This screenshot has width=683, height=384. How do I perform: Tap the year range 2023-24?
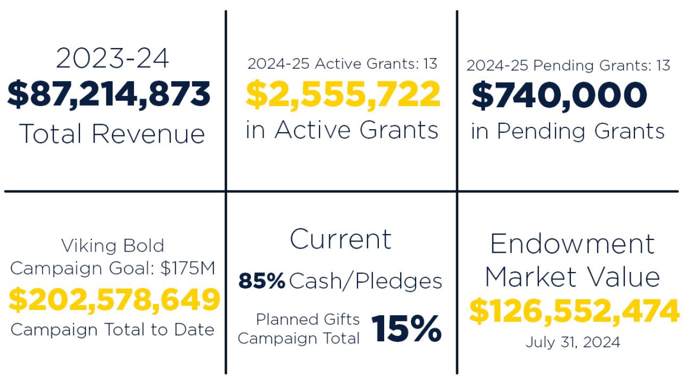click(112, 58)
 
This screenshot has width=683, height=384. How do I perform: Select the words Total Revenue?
click(112, 133)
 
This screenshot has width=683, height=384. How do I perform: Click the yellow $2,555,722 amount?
click(343, 94)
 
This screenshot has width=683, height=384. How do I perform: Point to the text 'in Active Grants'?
click(341, 130)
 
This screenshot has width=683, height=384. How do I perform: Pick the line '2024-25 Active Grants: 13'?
click(342, 64)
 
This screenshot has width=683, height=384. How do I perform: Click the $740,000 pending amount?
click(559, 96)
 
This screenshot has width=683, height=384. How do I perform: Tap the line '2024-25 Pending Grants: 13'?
click(568, 66)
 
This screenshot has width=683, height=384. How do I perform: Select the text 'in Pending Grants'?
click(568, 131)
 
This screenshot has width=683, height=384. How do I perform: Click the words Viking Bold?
click(113, 246)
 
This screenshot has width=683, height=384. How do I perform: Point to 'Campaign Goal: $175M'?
click(113, 268)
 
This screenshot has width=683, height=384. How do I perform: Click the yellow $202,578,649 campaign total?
click(114, 300)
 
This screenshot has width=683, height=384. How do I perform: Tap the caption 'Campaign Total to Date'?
click(113, 330)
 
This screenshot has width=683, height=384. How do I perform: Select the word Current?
click(340, 239)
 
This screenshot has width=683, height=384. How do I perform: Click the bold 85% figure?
click(261, 281)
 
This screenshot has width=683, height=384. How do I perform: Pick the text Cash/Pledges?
click(366, 281)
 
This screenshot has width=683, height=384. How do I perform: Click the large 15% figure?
click(407, 329)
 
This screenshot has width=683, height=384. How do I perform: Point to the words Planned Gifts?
click(308, 319)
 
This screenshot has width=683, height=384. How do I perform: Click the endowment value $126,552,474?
click(574, 311)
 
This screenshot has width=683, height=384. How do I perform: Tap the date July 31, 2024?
click(573, 342)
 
